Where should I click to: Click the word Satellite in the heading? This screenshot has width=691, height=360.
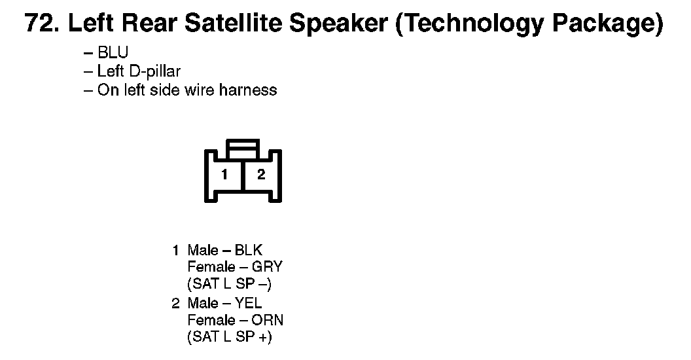tap(233, 23)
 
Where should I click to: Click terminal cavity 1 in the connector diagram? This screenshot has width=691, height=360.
tap(224, 175)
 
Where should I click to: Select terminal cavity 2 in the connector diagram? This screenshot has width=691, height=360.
tap(261, 175)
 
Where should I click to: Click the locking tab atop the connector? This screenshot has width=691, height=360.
tap(243, 149)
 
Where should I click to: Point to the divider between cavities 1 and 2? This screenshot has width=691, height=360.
tap(243, 175)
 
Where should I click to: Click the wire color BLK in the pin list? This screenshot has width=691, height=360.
tap(249, 250)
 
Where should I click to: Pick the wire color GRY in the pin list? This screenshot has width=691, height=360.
tap(267, 267)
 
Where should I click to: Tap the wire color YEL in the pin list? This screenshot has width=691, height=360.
tap(248, 303)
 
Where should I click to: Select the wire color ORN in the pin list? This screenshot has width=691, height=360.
tap(267, 320)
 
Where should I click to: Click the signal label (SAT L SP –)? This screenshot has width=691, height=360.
tap(229, 284)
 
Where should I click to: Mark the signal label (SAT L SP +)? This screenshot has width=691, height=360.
tap(230, 336)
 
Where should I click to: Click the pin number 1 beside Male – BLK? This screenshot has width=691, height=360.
tap(176, 250)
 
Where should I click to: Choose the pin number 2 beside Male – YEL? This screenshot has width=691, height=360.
tap(176, 303)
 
